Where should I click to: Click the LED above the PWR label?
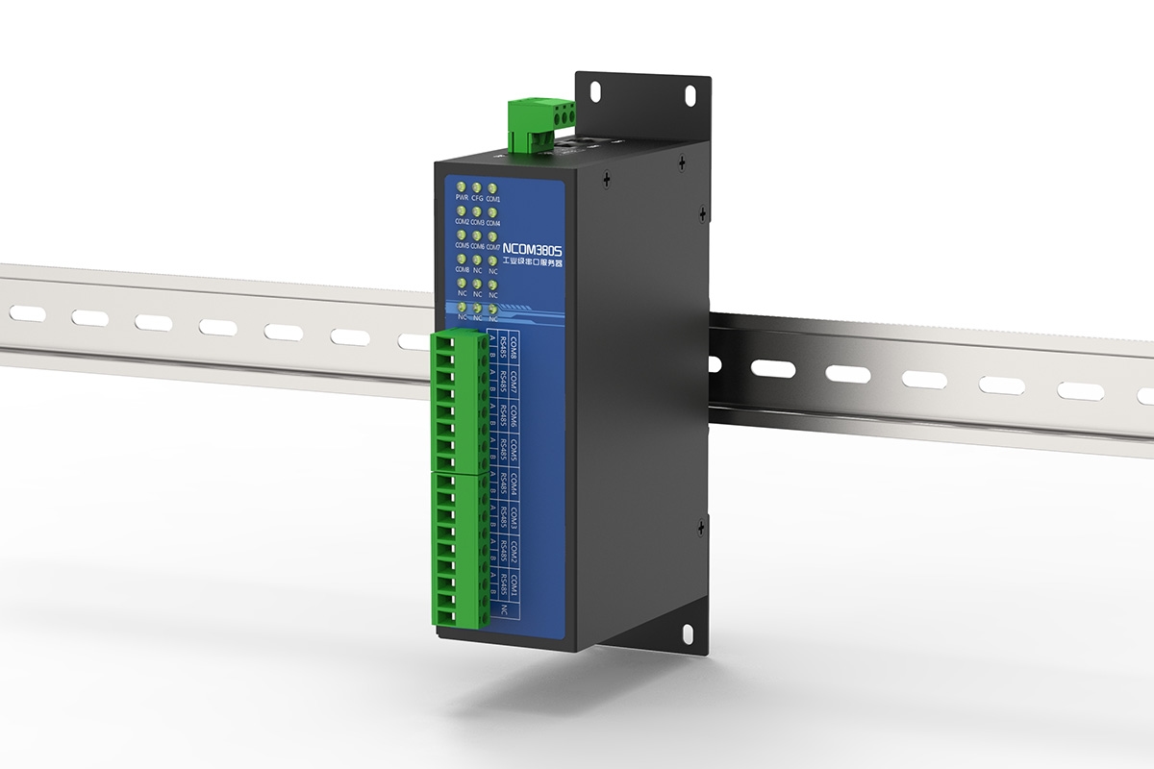point(463,186)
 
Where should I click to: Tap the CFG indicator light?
point(478,186)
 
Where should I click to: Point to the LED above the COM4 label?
point(492,211)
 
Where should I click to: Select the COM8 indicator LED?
point(463,259)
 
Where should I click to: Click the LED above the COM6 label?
point(478,235)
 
